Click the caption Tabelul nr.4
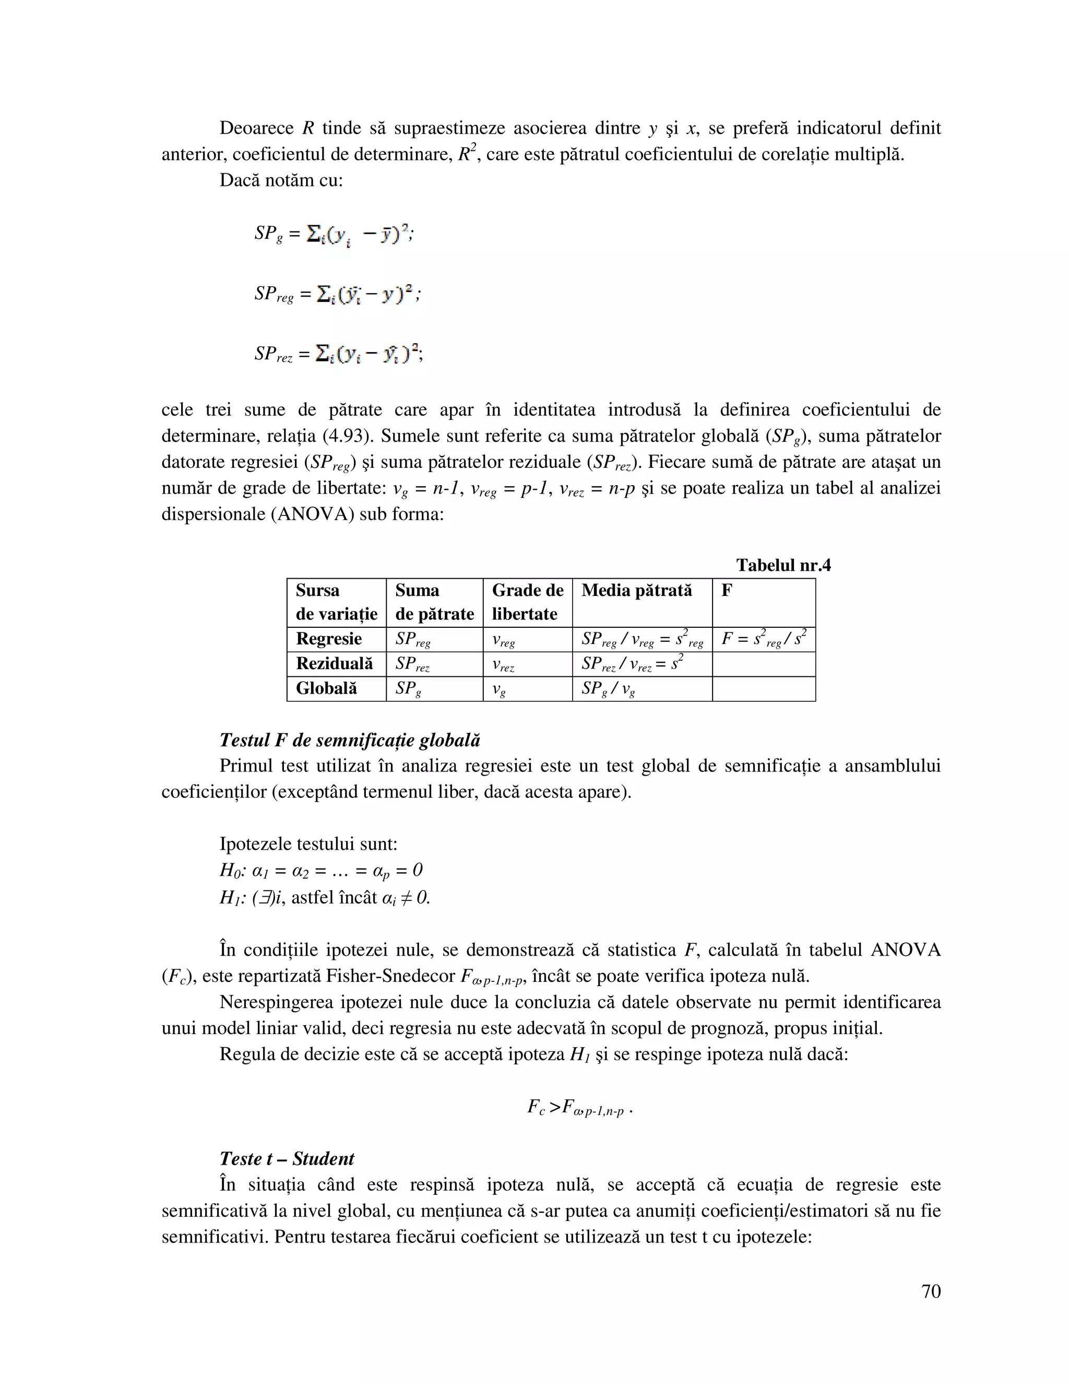pyautogui.click(x=783, y=565)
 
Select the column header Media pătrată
pyautogui.click(x=636, y=591)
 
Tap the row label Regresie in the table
pyautogui.click(x=329, y=639)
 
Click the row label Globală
pyautogui.click(x=326, y=688)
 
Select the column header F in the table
pyautogui.click(x=727, y=591)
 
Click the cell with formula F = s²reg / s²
pyautogui.click(x=763, y=639)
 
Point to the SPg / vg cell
pyautogui.click(x=608, y=689)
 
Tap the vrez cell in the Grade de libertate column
pyautogui.click(x=503, y=664)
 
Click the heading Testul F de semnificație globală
pyautogui.click(x=350, y=740)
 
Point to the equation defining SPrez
pyautogui.click(x=338, y=353)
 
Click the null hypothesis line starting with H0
pyautogui.click(x=320, y=870)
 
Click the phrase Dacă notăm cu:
pyautogui.click(x=280, y=181)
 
